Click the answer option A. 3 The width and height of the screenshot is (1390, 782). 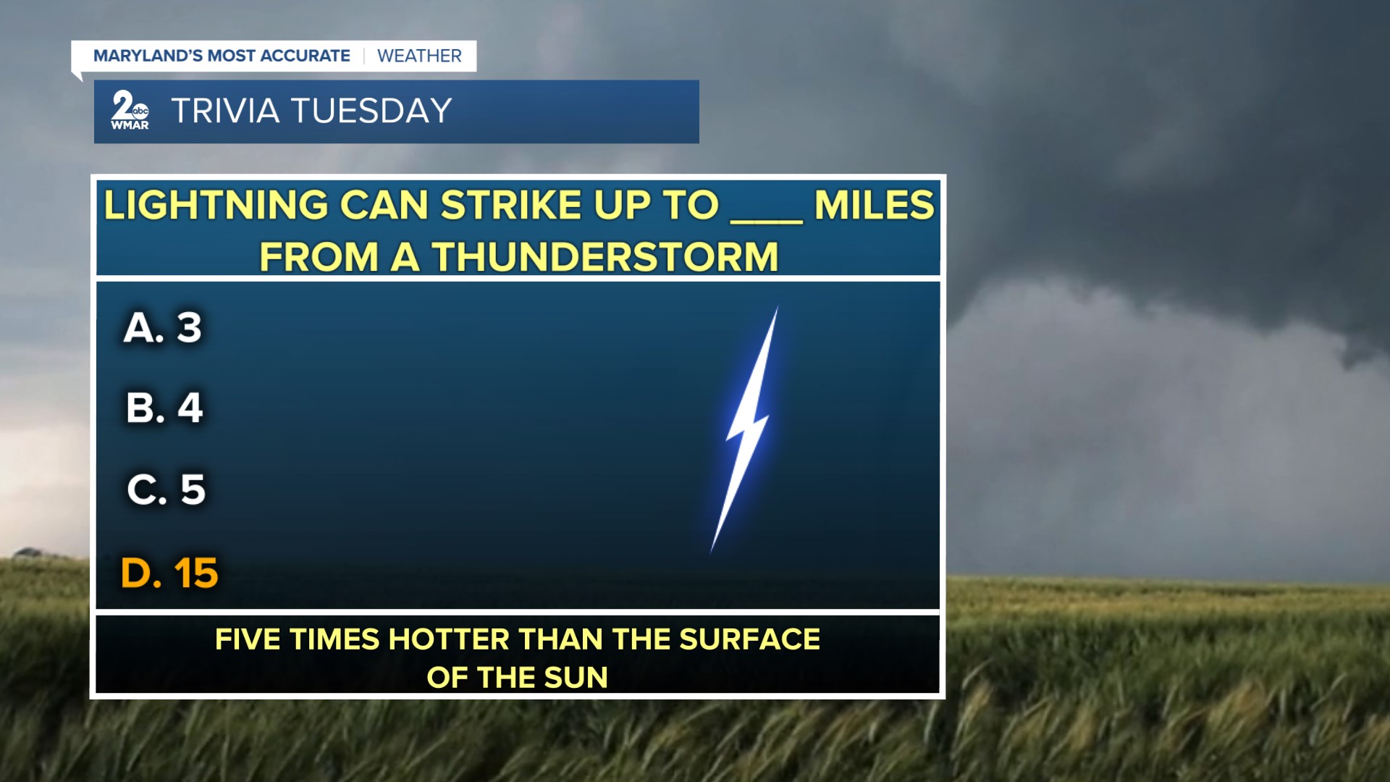pos(163,327)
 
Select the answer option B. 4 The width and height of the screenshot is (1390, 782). pos(164,408)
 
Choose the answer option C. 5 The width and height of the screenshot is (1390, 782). pos(167,489)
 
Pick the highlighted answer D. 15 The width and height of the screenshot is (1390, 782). pos(169,573)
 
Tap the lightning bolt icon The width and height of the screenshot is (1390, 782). pos(746,429)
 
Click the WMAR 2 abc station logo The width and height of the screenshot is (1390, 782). pos(130,111)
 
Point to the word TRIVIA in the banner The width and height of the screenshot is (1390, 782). pos(225,111)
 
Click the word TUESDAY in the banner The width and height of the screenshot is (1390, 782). pos(371,111)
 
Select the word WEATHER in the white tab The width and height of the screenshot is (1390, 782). pos(419,56)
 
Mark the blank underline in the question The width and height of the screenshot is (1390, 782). pos(767,221)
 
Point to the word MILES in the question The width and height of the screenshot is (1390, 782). pos(875,205)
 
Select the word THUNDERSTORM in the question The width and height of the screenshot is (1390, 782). pos(605,257)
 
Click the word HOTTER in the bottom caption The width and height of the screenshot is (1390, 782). pos(448,639)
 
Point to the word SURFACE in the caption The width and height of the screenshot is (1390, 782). pos(749,639)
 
